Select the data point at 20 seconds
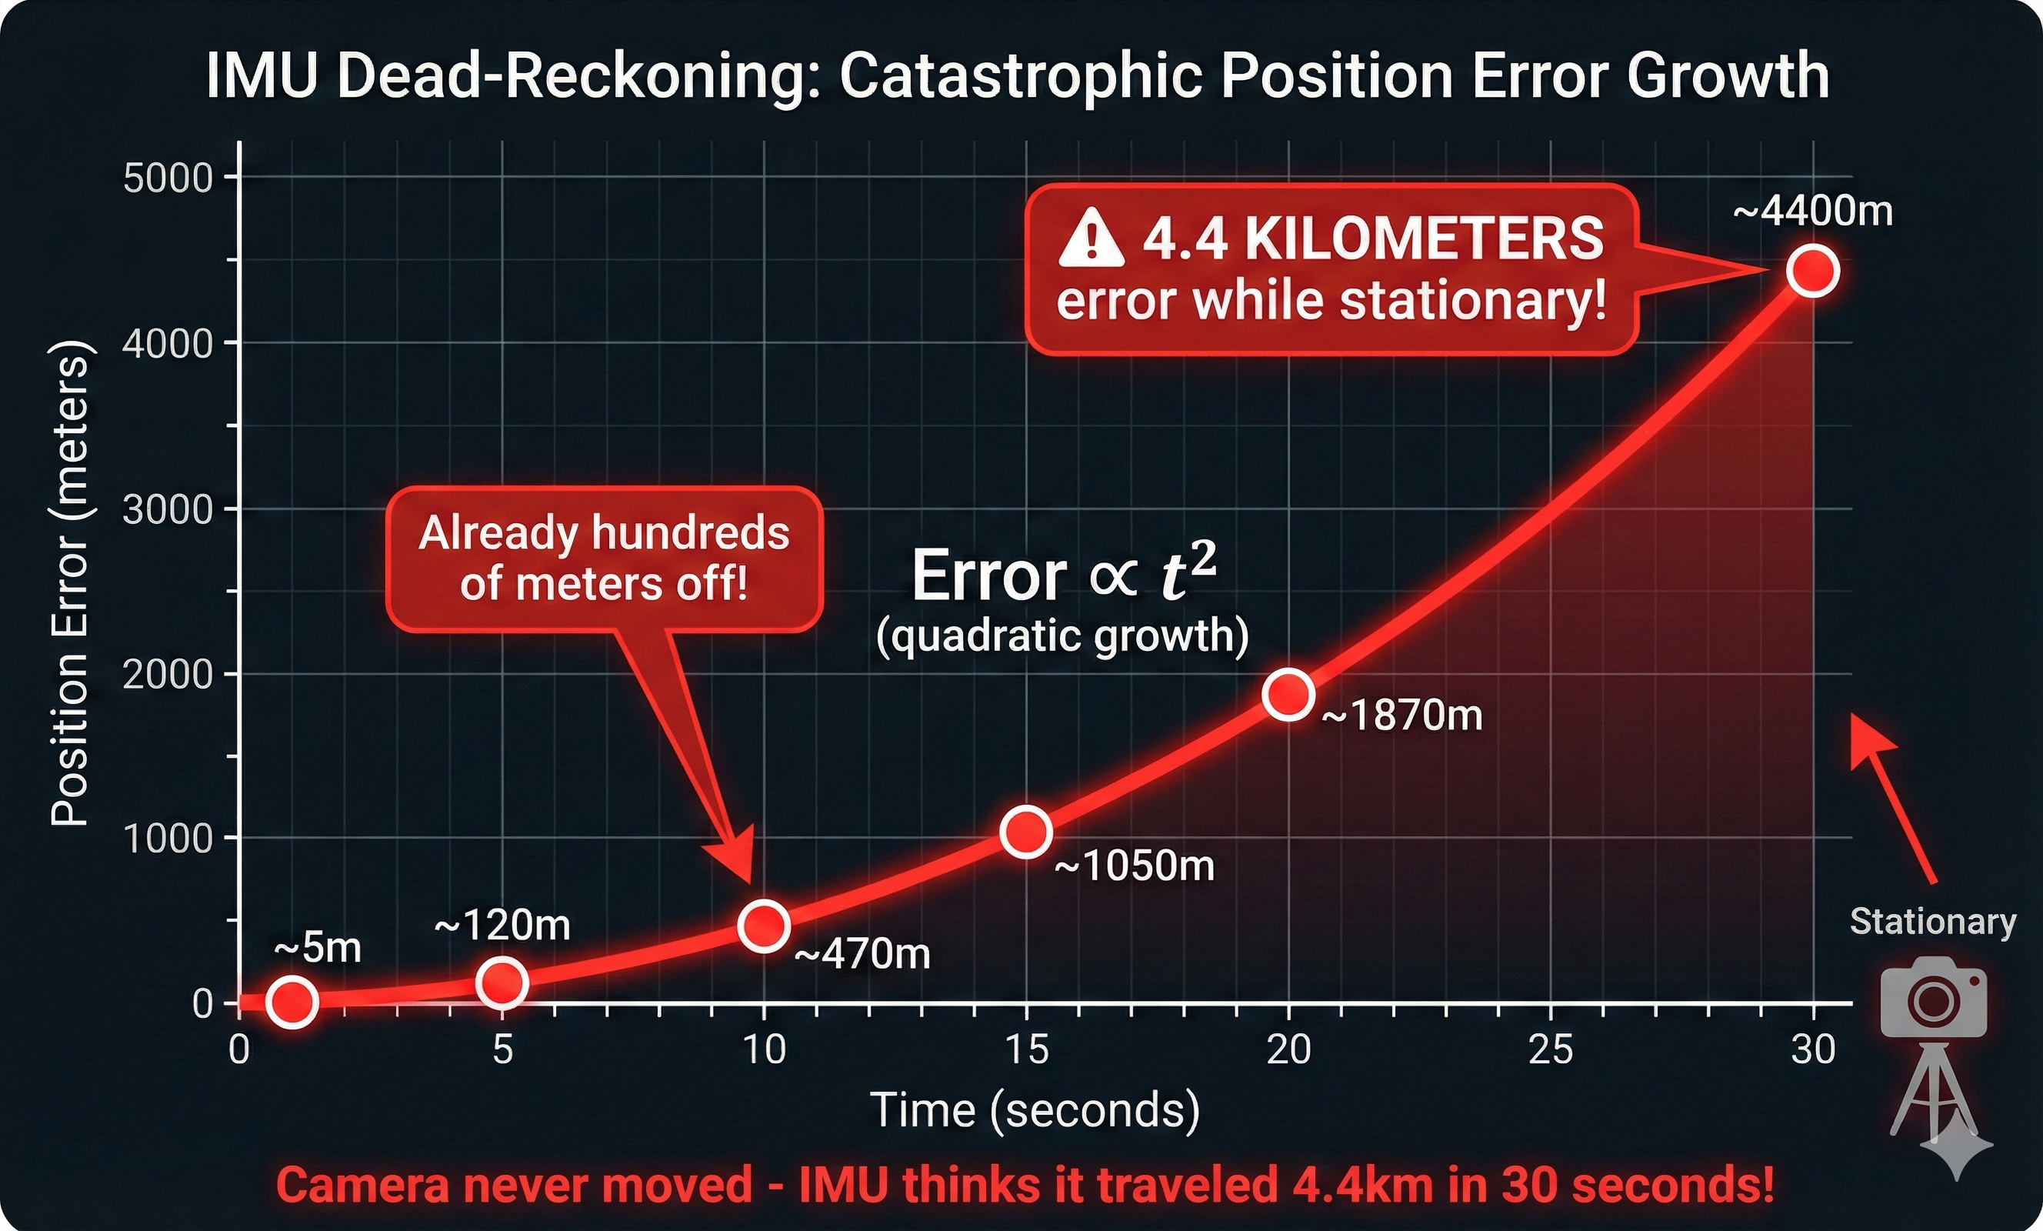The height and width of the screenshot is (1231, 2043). (1288, 693)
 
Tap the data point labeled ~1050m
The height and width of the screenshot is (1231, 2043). (1026, 831)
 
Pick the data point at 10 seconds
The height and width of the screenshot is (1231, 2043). (764, 925)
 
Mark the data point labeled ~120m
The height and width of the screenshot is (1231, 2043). (502, 982)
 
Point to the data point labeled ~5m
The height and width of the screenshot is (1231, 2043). (292, 1001)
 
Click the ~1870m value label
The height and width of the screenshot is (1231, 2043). (1401, 715)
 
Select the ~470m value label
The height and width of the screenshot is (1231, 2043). (862, 954)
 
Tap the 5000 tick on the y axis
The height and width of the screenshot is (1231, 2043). (168, 178)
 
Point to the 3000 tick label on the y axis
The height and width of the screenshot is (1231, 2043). (168, 509)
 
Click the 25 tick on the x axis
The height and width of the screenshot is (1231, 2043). (1551, 1050)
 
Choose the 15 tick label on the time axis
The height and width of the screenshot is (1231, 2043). (1026, 1050)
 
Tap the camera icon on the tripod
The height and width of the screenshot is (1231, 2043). (1934, 999)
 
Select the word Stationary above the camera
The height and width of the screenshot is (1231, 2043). (1933, 922)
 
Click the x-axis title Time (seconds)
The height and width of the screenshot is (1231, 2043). (1035, 1110)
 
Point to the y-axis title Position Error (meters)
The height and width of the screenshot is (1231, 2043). (70, 583)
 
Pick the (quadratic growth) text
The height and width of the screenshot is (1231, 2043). (1062, 636)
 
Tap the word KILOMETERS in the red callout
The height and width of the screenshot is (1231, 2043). (1425, 239)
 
